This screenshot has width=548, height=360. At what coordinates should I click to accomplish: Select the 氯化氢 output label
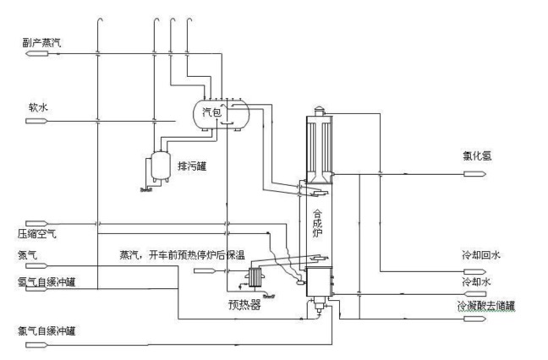[477, 155]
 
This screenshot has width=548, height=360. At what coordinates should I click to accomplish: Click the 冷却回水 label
[481, 254]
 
